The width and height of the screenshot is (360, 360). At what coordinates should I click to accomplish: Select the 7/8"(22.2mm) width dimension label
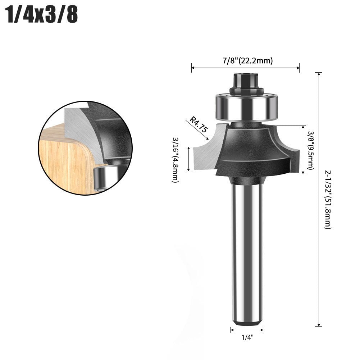(x=246, y=60)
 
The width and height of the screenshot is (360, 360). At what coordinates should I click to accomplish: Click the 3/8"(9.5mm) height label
(x=311, y=150)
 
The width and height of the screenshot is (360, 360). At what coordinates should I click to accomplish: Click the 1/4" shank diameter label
(x=247, y=337)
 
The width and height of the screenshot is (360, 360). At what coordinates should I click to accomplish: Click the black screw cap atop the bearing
(x=245, y=83)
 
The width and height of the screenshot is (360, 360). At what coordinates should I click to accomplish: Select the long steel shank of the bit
(x=247, y=252)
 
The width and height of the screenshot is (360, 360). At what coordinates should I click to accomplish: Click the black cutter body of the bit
(x=252, y=151)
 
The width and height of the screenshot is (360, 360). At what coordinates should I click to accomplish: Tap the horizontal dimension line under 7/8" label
(x=245, y=67)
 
